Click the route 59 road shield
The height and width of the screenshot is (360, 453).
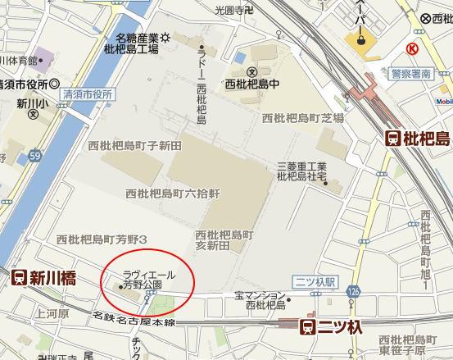(35, 154)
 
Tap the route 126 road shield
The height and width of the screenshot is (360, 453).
(353, 291)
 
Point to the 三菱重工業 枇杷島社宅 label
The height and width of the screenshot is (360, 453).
(301, 171)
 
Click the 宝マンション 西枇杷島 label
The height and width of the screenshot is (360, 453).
(260, 299)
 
